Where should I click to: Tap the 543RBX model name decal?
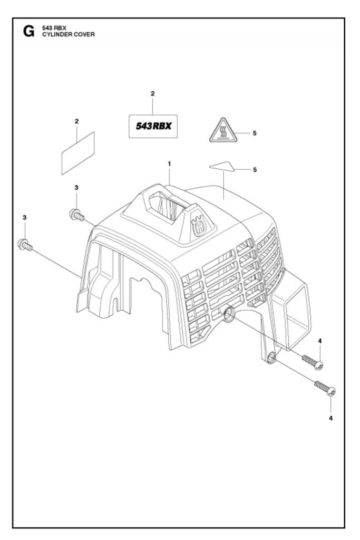(152, 126)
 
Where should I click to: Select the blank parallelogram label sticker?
(77, 152)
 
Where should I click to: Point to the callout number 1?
(169, 164)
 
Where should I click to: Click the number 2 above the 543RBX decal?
(152, 93)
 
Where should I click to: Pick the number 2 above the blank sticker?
(76, 121)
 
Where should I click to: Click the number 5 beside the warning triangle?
(255, 133)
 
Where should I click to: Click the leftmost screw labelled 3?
(24, 244)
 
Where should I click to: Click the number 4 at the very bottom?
(331, 418)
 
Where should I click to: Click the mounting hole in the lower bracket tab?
(270, 358)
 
